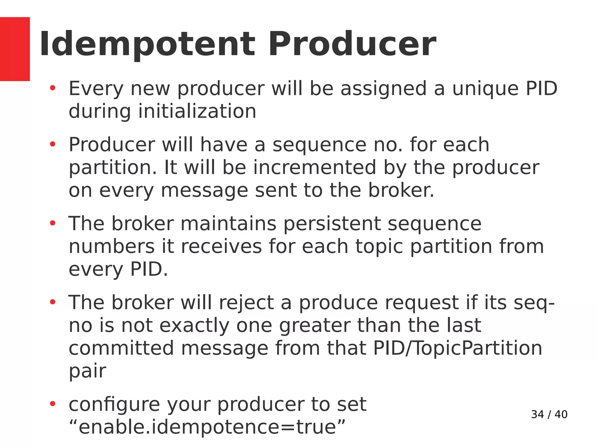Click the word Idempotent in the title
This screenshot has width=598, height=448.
pyautogui.click(x=147, y=44)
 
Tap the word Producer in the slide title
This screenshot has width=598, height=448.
pyautogui.click(x=352, y=44)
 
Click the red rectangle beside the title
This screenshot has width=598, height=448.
pyautogui.click(x=15, y=49)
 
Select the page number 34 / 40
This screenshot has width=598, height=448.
pyautogui.click(x=549, y=414)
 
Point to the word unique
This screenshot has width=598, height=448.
pyautogui.click(x=485, y=89)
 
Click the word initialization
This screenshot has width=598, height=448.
pyautogui.click(x=197, y=111)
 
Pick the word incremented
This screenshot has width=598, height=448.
pyautogui.click(x=314, y=168)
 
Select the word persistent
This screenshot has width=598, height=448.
pyautogui.click(x=332, y=224)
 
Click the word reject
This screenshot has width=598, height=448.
pyautogui.click(x=246, y=303)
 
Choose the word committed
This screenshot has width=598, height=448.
pyautogui.click(x=121, y=348)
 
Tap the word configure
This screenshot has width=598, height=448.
pyautogui.click(x=114, y=405)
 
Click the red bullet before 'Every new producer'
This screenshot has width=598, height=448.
pyautogui.click(x=53, y=88)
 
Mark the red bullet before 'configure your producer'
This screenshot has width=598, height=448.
pyautogui.click(x=53, y=404)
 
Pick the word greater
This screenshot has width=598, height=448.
pyautogui.click(x=315, y=326)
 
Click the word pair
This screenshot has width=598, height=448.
pyautogui.click(x=87, y=371)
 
